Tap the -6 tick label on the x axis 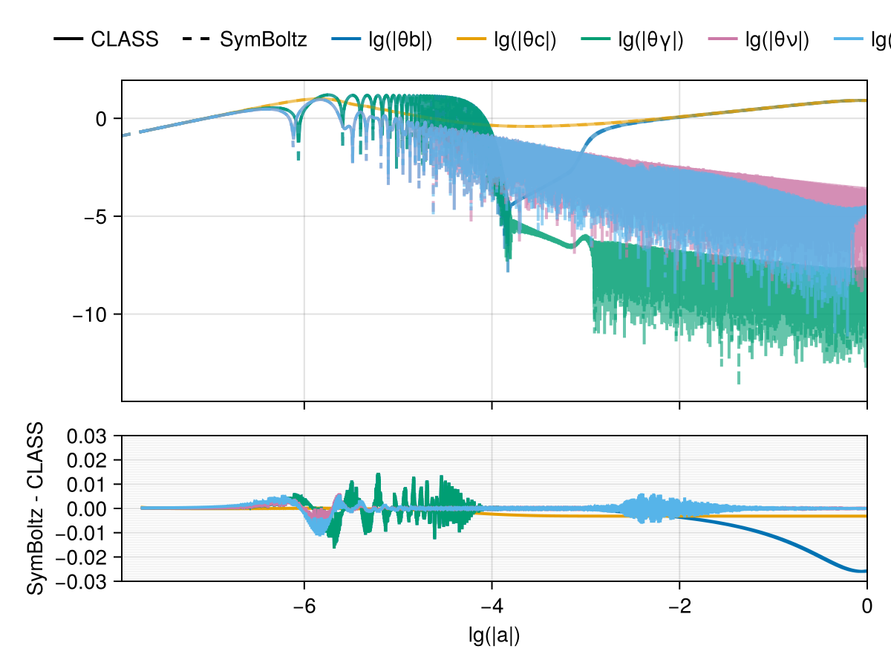coord(304,607)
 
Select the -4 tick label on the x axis coord(492,607)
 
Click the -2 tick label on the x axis coord(679,607)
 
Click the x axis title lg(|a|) coord(495,636)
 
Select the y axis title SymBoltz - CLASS coord(36,508)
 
